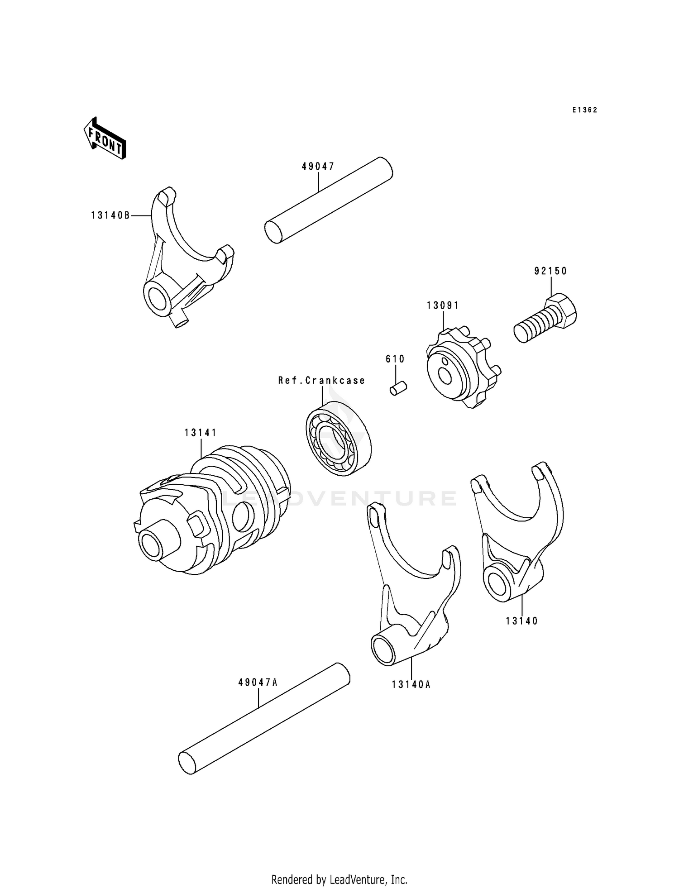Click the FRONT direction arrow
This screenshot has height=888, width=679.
(104, 138)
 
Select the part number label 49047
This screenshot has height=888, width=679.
(318, 167)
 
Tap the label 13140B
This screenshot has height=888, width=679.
(110, 216)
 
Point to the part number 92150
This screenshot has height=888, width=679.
(550, 271)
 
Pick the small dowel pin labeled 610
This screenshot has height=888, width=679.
(399, 388)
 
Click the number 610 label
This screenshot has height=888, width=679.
(395, 359)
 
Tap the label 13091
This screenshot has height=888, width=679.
(442, 306)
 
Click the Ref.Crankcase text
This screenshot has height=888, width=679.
(321, 381)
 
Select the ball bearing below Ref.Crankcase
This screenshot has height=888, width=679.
(338, 438)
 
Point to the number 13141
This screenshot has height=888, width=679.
(200, 433)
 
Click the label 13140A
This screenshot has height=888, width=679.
(411, 685)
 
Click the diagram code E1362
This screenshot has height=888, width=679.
(584, 110)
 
